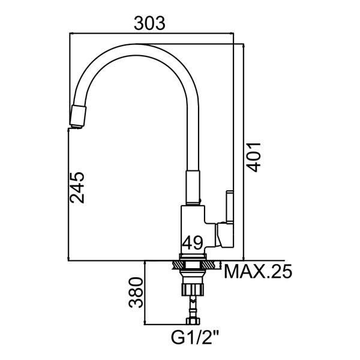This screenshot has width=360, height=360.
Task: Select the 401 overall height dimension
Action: tap(254, 157)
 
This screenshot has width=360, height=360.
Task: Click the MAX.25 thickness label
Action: tap(258, 272)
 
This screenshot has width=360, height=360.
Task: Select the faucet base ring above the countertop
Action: tap(194, 256)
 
